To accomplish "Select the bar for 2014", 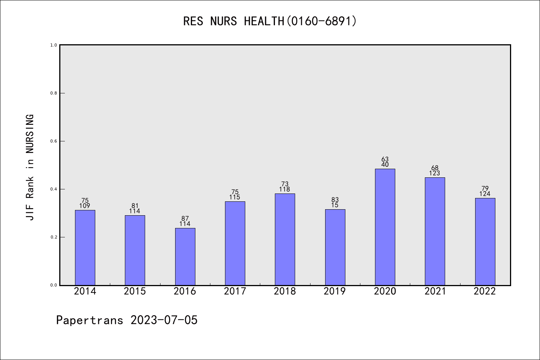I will pos(85,247).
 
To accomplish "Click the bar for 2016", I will pos(185,256).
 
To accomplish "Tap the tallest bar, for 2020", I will pos(385,227).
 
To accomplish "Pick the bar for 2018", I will pos(285,239).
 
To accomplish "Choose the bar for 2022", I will pos(485,241).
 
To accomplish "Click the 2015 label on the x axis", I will pos(135,291).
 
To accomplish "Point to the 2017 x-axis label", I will pos(235,291).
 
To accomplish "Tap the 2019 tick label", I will pos(335,291).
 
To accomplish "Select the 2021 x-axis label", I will pos(435,291).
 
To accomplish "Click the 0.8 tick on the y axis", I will pos(54,93).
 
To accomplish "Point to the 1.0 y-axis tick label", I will pos(54,45).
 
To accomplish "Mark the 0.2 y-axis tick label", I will pos(54,237).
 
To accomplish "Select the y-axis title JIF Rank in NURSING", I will pos(30,167).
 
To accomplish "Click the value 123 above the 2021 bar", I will pos(435,173).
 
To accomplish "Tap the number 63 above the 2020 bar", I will pos(385,159).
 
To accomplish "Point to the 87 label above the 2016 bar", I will pos(185,219).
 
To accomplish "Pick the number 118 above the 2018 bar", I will pos(285,189).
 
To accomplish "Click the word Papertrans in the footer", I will pos(90,320).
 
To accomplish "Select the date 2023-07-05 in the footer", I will pos(164,320).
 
